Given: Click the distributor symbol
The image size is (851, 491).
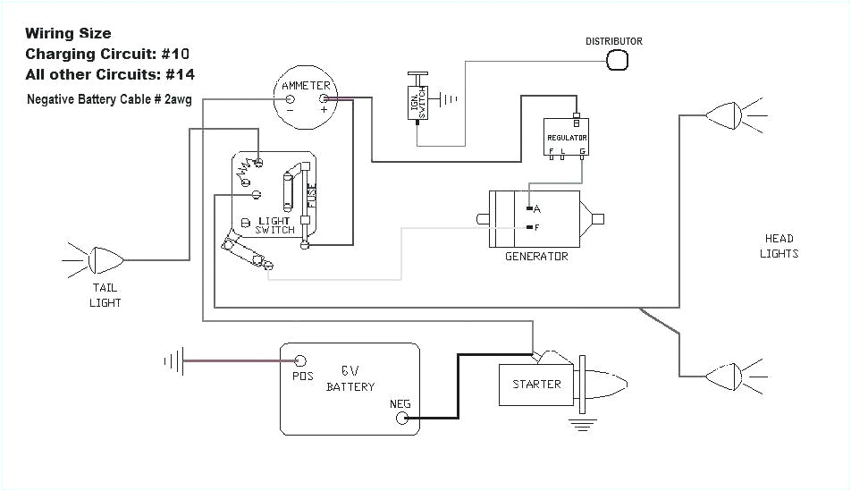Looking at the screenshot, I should coord(618,60).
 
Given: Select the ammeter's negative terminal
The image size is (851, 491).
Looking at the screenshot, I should coord(290,98).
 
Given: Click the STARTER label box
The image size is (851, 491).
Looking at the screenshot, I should coord(536,385).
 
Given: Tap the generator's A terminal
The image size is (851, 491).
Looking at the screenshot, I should coord(530,207).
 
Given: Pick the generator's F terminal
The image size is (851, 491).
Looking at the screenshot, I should coord(530,227).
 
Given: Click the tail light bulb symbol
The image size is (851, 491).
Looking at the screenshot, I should coord(106,259).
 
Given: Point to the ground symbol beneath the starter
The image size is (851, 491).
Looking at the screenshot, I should coord(583,425).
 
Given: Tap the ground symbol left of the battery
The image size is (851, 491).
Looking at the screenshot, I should coord(173,361).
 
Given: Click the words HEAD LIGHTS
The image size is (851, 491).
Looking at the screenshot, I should coord(779,246).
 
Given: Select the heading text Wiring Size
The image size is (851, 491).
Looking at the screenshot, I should coord(68,34).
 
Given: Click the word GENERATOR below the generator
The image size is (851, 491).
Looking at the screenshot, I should coord(536,257).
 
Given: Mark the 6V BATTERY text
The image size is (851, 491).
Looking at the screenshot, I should coord(350,378).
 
